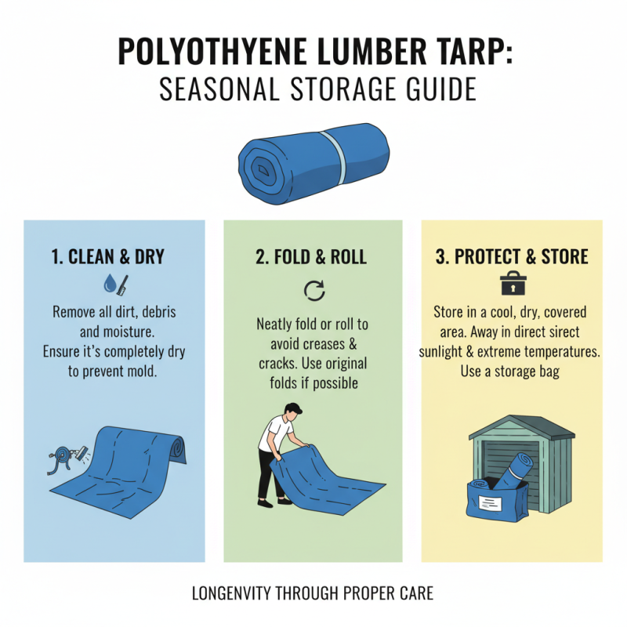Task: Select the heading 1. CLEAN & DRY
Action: (x=114, y=257)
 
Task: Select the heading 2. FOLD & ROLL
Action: (x=313, y=257)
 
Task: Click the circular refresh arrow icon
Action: (x=313, y=291)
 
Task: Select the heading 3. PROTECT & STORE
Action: (x=512, y=257)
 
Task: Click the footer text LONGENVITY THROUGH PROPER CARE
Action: (x=313, y=594)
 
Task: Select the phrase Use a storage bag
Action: (x=510, y=371)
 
